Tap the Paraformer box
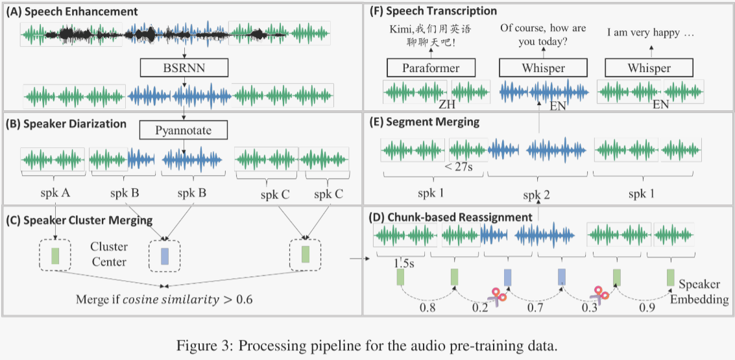(x=431, y=68)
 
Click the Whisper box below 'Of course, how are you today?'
(x=542, y=68)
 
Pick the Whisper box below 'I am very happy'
(x=649, y=68)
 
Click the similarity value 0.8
(x=428, y=307)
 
